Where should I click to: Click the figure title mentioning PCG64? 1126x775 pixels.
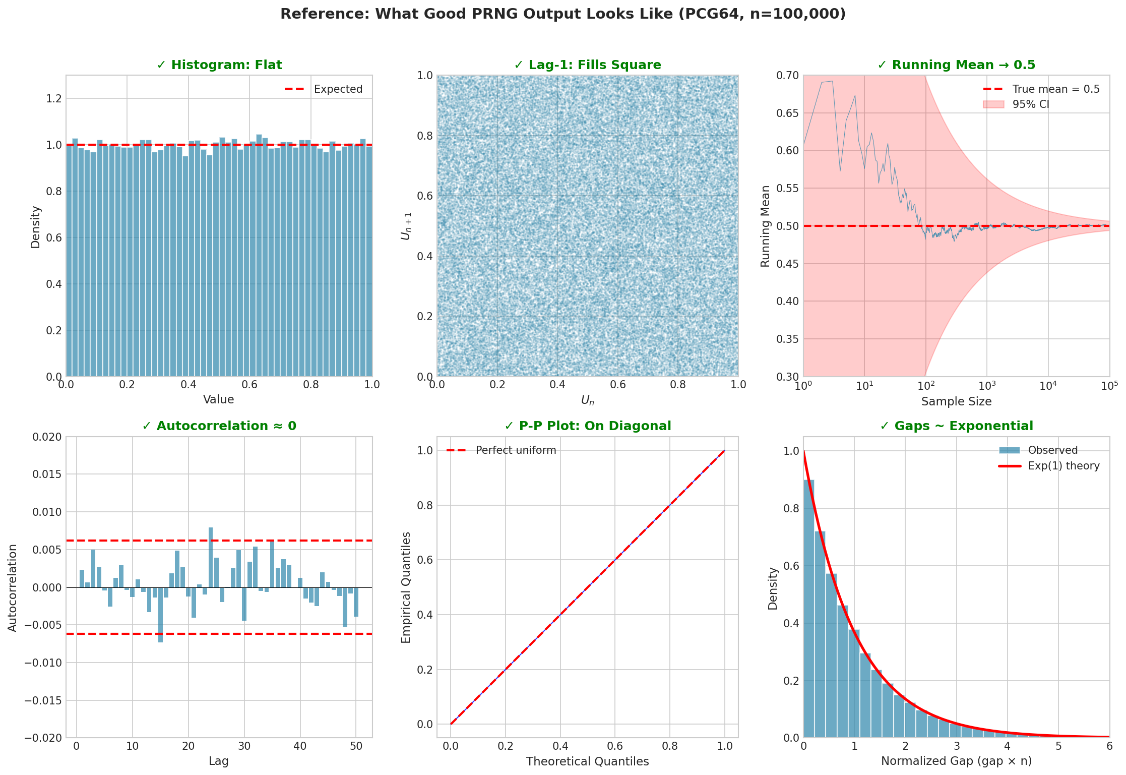[562, 14]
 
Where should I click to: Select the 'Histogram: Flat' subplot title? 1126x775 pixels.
[219, 65]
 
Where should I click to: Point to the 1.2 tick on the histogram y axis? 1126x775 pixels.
[54, 98]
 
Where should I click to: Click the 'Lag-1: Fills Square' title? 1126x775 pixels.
[588, 65]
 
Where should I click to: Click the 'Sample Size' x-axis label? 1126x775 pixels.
[956, 402]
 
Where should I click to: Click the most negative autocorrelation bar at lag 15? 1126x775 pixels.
[160, 615]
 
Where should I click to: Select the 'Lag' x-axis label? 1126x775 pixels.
[219, 761]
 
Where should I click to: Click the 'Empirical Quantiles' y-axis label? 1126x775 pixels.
[406, 587]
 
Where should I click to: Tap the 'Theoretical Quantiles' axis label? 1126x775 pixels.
[588, 761]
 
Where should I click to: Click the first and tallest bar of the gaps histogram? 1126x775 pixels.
[808, 605]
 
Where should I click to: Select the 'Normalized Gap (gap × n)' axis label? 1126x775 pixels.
[956, 761]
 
